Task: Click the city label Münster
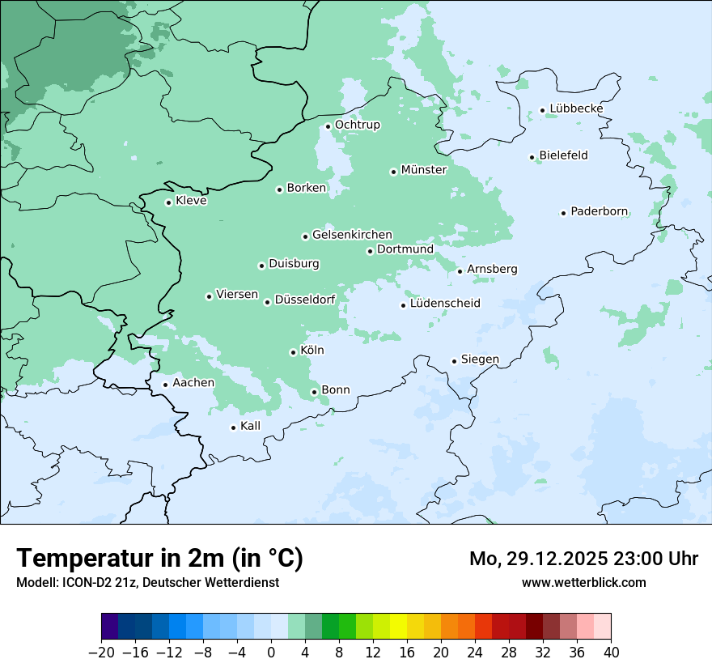(x=424, y=170)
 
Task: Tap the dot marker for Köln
(x=293, y=352)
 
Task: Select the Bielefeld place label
(x=563, y=155)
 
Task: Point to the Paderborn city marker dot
(x=563, y=213)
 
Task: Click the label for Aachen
(x=193, y=383)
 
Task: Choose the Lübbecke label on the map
(x=576, y=108)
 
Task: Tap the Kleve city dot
(x=168, y=202)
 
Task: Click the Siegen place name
(x=480, y=359)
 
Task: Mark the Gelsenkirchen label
(x=352, y=235)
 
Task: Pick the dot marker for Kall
(x=233, y=427)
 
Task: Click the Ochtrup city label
(x=358, y=125)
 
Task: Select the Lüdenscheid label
(x=445, y=304)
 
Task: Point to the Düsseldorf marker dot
(x=267, y=302)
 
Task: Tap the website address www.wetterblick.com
(x=583, y=582)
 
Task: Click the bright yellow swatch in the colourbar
(x=398, y=627)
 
